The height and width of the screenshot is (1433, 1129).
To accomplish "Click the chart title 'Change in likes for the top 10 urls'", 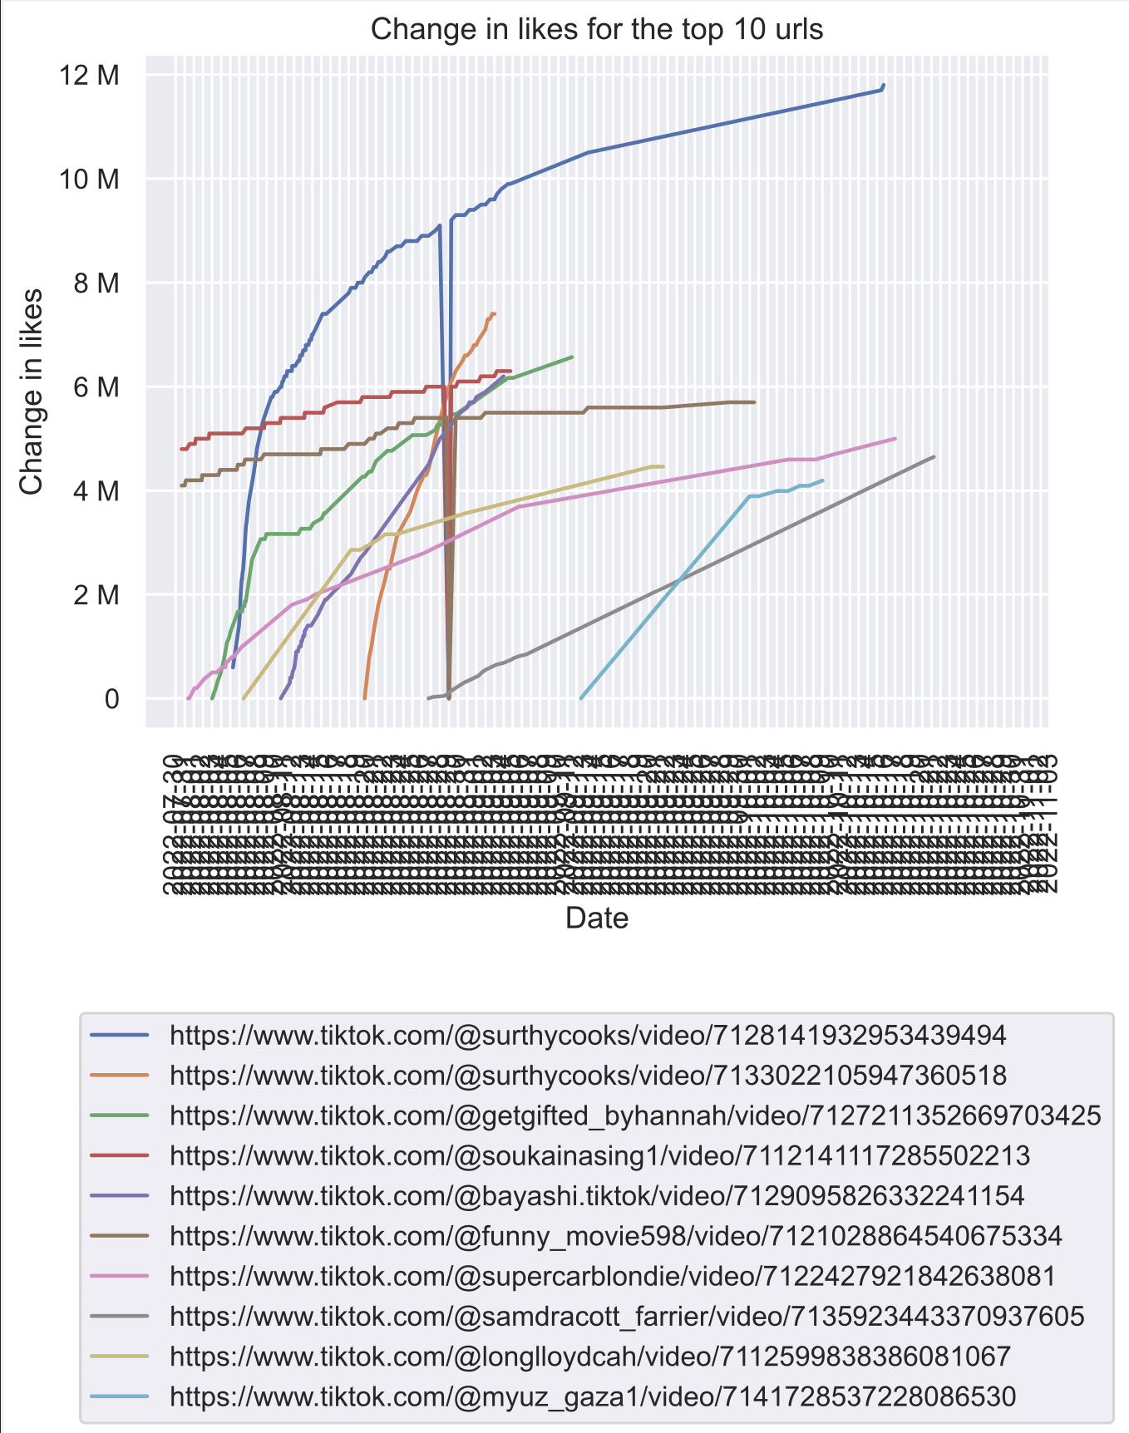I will point(596,30).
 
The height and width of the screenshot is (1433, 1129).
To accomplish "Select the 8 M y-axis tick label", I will point(96,283).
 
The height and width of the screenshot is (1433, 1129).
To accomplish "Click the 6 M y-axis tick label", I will point(96,387).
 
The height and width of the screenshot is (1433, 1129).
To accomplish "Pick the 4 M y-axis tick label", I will point(96,491).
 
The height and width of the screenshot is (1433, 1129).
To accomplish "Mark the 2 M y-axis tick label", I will point(96,595).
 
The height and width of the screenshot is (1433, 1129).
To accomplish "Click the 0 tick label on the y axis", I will point(111,700).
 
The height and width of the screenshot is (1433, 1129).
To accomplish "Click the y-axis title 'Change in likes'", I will point(32,391).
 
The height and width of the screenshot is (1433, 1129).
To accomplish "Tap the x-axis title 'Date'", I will point(596,918).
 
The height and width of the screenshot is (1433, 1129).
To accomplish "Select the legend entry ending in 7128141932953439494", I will point(587,1036).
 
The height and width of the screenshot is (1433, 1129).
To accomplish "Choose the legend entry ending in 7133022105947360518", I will point(587,1076).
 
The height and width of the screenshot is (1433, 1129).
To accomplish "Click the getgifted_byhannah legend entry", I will point(634,1115).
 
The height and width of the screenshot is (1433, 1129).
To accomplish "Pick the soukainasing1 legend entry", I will point(599,1156).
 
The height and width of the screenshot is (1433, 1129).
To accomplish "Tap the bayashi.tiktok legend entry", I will point(596,1196).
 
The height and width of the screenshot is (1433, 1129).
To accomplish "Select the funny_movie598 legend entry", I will point(615,1236).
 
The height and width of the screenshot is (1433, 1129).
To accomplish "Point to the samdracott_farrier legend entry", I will point(626,1317).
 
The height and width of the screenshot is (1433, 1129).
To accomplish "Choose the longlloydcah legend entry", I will point(589,1357).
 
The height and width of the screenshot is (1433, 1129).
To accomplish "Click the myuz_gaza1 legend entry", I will point(592,1396).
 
